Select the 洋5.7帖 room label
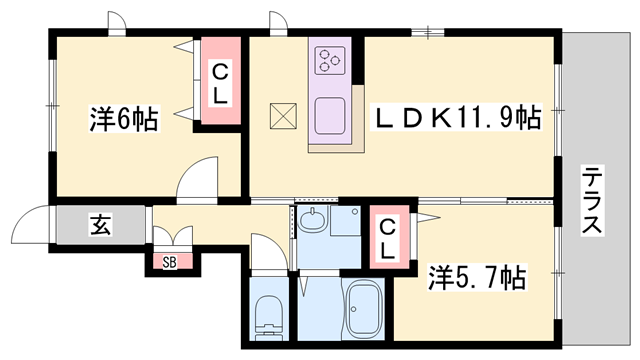click(478, 275)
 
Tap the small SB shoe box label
click(169, 262)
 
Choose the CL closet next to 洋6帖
click(220, 83)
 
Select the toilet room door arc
click(268, 250)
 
